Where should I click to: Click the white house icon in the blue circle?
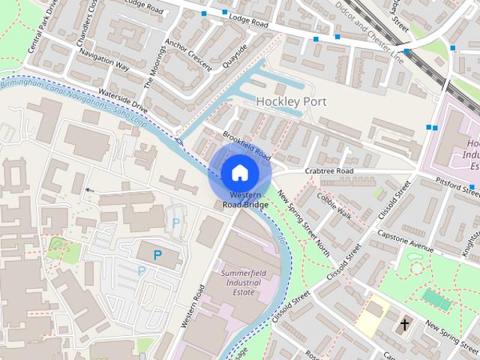[x=239, y=172]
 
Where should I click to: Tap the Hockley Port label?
[x=291, y=101]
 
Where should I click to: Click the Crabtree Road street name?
[x=328, y=171]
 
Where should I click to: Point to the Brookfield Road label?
[x=246, y=145]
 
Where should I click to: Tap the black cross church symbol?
[x=405, y=325]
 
